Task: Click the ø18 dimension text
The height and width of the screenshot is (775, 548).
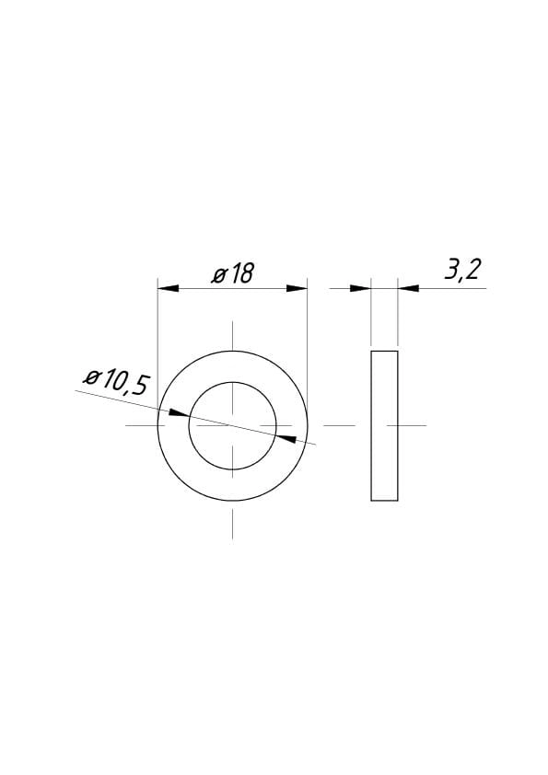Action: (x=232, y=273)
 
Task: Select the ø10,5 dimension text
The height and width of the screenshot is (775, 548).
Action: (x=116, y=382)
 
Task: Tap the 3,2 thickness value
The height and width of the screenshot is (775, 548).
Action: (x=462, y=270)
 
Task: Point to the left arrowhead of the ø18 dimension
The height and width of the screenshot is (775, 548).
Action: (x=169, y=288)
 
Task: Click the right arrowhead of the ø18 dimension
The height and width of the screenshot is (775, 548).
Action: (x=297, y=288)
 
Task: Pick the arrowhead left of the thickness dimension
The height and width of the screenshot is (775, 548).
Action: (x=360, y=288)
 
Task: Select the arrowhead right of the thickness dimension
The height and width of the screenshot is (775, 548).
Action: (x=408, y=288)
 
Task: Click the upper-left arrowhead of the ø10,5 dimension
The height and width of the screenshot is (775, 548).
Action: (x=179, y=412)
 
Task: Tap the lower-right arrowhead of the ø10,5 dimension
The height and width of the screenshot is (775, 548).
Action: (x=286, y=438)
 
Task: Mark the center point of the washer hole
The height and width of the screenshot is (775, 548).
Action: (x=232, y=425)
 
